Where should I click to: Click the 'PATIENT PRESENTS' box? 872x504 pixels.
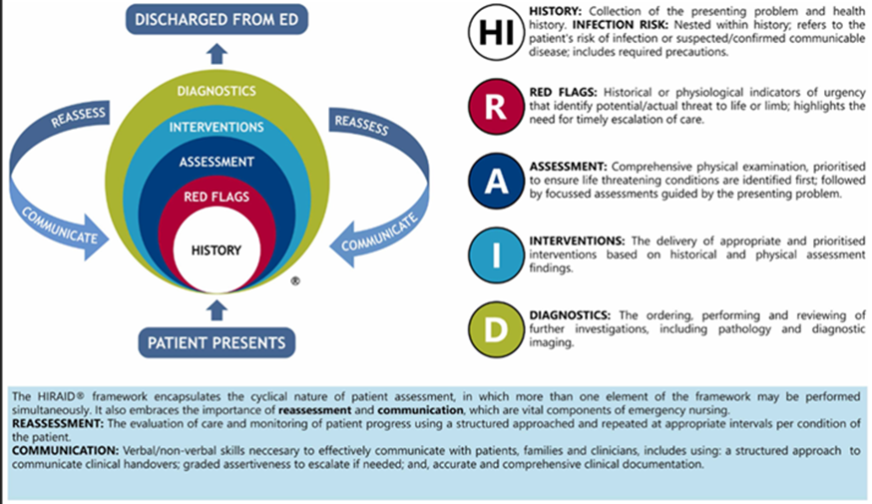[x=217, y=342]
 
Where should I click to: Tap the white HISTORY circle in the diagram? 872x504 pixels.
[x=217, y=251]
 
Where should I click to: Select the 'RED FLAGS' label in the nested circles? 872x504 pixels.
[x=217, y=197]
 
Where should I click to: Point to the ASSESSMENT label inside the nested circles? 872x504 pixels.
[x=217, y=161]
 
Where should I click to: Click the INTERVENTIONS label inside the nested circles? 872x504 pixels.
[x=217, y=127]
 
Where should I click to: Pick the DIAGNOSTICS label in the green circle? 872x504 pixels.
[x=217, y=92]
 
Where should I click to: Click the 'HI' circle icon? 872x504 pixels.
[x=496, y=33]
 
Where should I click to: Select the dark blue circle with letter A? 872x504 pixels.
[x=496, y=181]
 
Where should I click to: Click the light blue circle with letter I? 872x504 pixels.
[x=496, y=254]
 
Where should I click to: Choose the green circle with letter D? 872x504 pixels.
[x=496, y=327]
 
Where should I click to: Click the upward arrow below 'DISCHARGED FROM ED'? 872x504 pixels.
[x=217, y=50]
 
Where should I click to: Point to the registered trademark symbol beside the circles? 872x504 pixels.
[x=294, y=282]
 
